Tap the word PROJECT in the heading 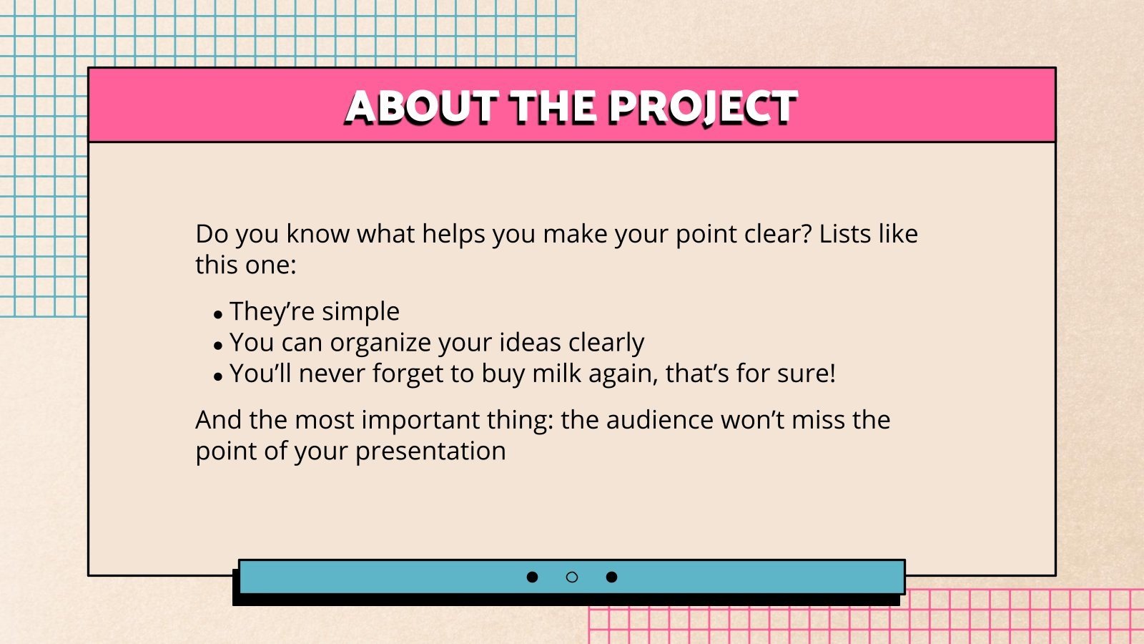702,107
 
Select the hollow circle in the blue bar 572,577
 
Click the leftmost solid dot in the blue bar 532,577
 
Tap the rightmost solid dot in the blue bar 611,577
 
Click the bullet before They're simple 218,314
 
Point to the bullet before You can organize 218,346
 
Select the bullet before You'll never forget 218,376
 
